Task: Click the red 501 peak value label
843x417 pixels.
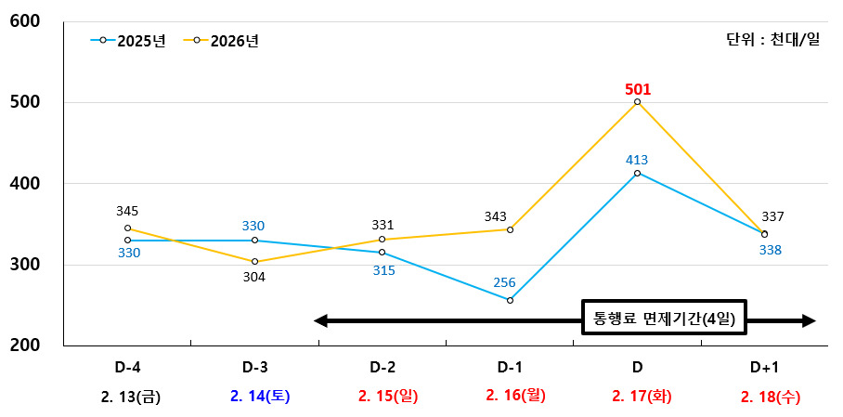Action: click(638, 89)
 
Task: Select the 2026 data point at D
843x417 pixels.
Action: click(638, 102)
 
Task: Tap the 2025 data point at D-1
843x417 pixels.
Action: click(510, 300)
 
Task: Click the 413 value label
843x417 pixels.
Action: click(637, 159)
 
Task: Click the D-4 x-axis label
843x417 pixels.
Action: click(126, 366)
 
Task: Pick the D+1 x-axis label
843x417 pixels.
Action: click(765, 366)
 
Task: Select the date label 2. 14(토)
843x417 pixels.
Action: click(260, 397)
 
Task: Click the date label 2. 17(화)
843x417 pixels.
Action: click(642, 397)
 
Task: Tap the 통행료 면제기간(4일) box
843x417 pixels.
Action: click(664, 320)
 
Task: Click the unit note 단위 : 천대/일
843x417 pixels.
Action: click(772, 41)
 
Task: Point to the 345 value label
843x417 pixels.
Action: click(128, 212)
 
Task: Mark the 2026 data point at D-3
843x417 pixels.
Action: click(254, 262)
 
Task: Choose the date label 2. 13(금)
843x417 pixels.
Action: click(131, 397)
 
